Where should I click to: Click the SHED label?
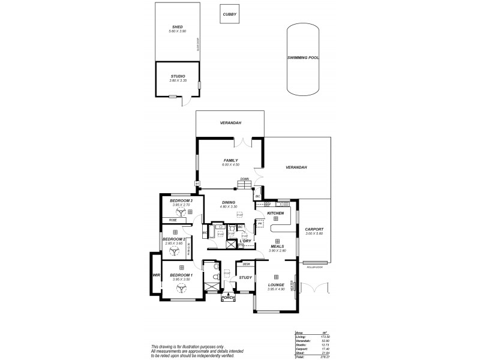pyautogui.click(x=177, y=26)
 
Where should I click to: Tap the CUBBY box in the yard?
pyautogui.click(x=229, y=14)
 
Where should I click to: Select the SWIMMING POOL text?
pyautogui.click(x=302, y=58)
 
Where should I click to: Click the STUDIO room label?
pyautogui.click(x=178, y=76)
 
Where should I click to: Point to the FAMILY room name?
pyautogui.click(x=231, y=160)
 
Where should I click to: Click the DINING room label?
pyautogui.click(x=228, y=202)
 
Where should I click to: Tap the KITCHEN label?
pyautogui.click(x=275, y=213)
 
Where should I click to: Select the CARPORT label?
pyautogui.click(x=314, y=229)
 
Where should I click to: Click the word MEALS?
pyautogui.click(x=277, y=246)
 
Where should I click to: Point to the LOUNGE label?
pyautogui.click(x=276, y=285)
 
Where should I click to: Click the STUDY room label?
pyautogui.click(x=245, y=277)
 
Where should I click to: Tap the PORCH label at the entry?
pyautogui.click(x=228, y=298)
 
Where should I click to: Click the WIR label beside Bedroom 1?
pyautogui.click(x=156, y=275)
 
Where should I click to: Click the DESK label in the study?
pyautogui.click(x=246, y=264)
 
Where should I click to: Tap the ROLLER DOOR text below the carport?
pyautogui.click(x=316, y=267)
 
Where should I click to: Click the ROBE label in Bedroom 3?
pyautogui.click(x=172, y=220)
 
